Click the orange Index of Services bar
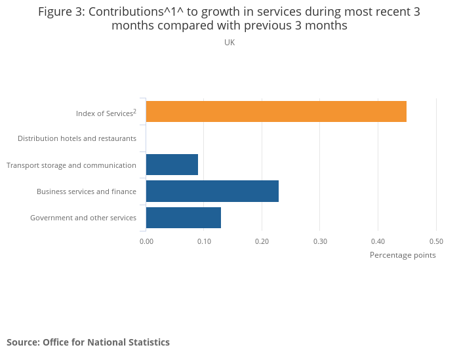click(276, 112)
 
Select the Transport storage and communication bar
click(172, 165)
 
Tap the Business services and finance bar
click(212, 191)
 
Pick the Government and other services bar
click(184, 217)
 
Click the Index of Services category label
click(104, 113)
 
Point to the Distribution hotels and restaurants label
click(77, 138)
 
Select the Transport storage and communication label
click(71, 165)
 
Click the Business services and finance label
click(87, 191)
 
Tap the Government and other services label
click(83, 218)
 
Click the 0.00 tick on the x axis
click(146, 241)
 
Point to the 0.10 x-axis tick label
click(204, 241)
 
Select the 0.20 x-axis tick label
click(262, 241)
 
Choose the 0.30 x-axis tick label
click(320, 241)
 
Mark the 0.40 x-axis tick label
click(378, 241)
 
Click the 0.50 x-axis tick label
click(436, 241)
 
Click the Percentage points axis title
click(403, 255)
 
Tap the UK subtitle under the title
click(229, 43)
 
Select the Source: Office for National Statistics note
click(88, 342)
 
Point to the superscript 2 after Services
click(135, 111)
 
